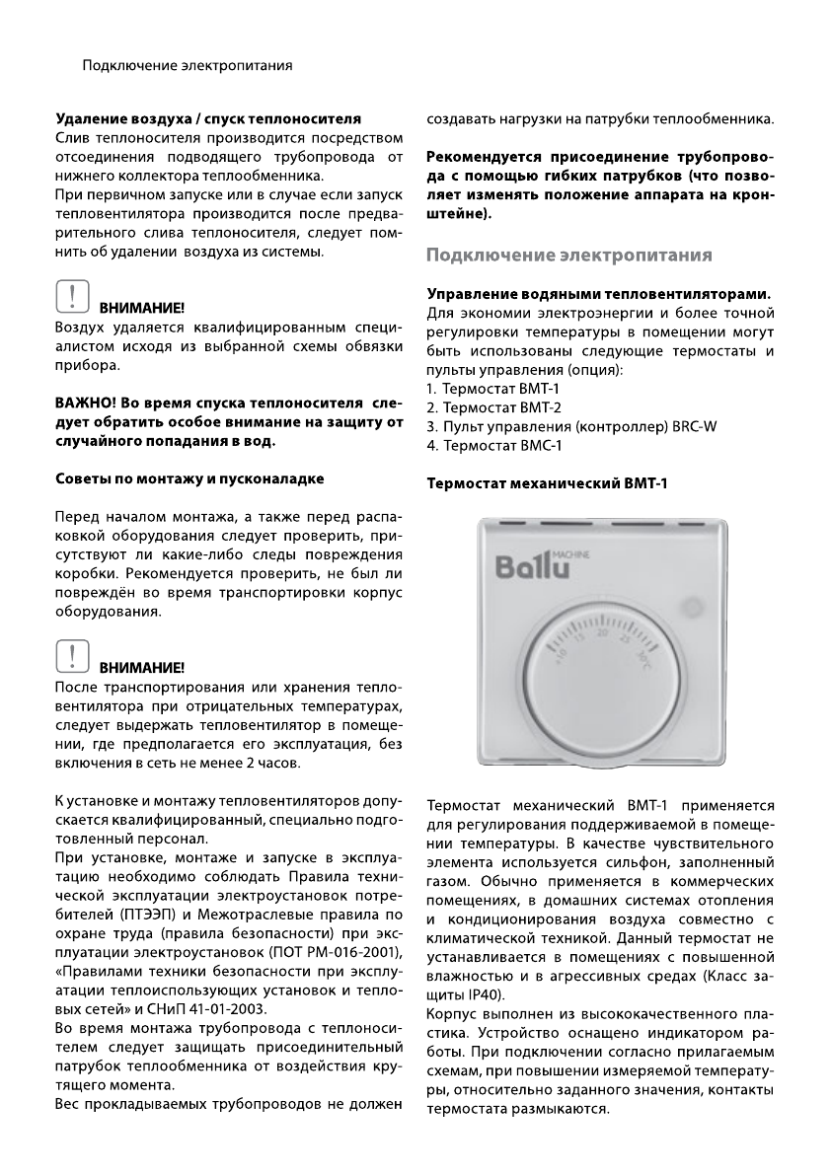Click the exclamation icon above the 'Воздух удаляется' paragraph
pyautogui.click(x=69, y=299)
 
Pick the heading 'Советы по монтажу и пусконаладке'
pyautogui.click(x=189, y=478)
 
